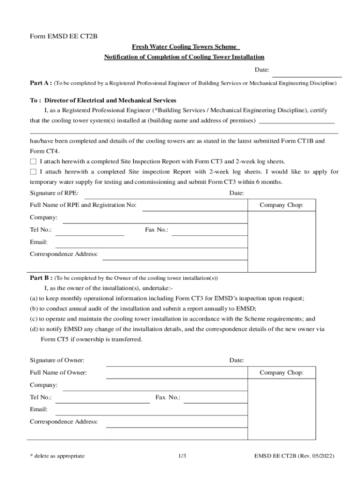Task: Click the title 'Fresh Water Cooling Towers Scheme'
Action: tap(185, 47)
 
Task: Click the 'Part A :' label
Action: tap(41, 83)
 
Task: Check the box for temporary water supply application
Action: tap(33, 172)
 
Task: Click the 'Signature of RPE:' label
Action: tap(54, 193)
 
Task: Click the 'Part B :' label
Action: tap(41, 277)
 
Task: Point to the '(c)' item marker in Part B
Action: tap(34, 319)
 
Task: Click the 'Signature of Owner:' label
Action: tap(57, 360)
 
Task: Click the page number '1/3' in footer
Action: tap(182, 456)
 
